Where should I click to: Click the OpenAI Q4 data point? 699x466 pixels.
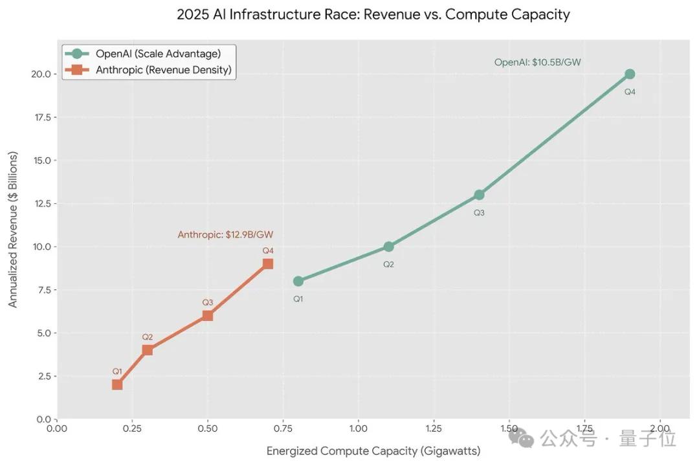coord(629,74)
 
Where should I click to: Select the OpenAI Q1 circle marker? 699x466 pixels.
coord(298,281)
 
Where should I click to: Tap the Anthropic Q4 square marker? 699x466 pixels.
coord(267,263)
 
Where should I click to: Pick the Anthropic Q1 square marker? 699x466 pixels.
coord(117,384)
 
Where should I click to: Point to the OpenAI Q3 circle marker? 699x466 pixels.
coord(479,195)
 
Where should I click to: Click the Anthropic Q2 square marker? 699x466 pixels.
coord(148,350)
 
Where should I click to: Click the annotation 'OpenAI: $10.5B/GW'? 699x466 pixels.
coord(537,62)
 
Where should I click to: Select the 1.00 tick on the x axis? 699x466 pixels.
coord(358,428)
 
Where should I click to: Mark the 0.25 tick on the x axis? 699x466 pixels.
coord(132,428)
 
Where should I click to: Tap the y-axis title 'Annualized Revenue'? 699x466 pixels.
coord(13,230)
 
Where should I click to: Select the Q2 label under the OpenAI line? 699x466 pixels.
coord(388,264)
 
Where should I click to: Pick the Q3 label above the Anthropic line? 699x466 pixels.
coord(207,302)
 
